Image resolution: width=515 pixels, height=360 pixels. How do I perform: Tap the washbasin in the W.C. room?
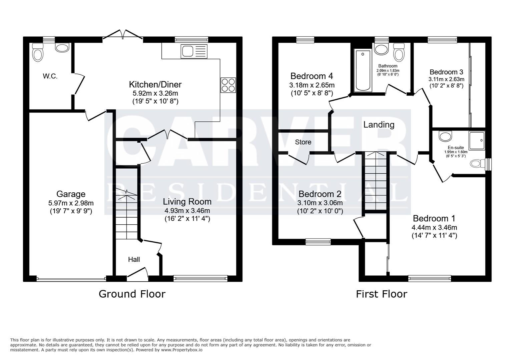coord(62,48)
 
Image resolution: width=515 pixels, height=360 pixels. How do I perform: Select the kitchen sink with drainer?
coord(194,51)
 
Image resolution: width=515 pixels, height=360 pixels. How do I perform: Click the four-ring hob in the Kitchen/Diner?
coord(228,85)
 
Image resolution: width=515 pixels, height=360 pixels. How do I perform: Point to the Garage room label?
coord(71,194)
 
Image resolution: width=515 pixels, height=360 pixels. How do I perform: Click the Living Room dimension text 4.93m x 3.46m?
coord(187,211)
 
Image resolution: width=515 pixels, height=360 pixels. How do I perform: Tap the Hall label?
coord(134,259)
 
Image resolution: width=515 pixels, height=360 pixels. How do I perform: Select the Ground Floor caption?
coord(132,294)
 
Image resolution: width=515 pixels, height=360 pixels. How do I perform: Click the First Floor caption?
coord(381,294)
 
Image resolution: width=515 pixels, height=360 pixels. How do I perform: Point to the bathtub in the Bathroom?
coord(363,70)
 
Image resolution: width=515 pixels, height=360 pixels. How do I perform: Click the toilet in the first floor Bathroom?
coord(398,53)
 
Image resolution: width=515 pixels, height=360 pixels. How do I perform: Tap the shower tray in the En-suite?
coord(477,140)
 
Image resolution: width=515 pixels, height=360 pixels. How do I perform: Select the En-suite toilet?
coord(478,163)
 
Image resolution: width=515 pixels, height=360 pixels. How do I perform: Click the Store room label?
coord(303,142)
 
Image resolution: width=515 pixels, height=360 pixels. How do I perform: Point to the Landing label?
coord(379,125)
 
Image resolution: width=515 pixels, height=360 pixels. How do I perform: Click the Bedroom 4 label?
coord(312,76)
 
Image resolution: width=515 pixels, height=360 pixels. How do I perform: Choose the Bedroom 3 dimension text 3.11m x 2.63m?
coord(446,79)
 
